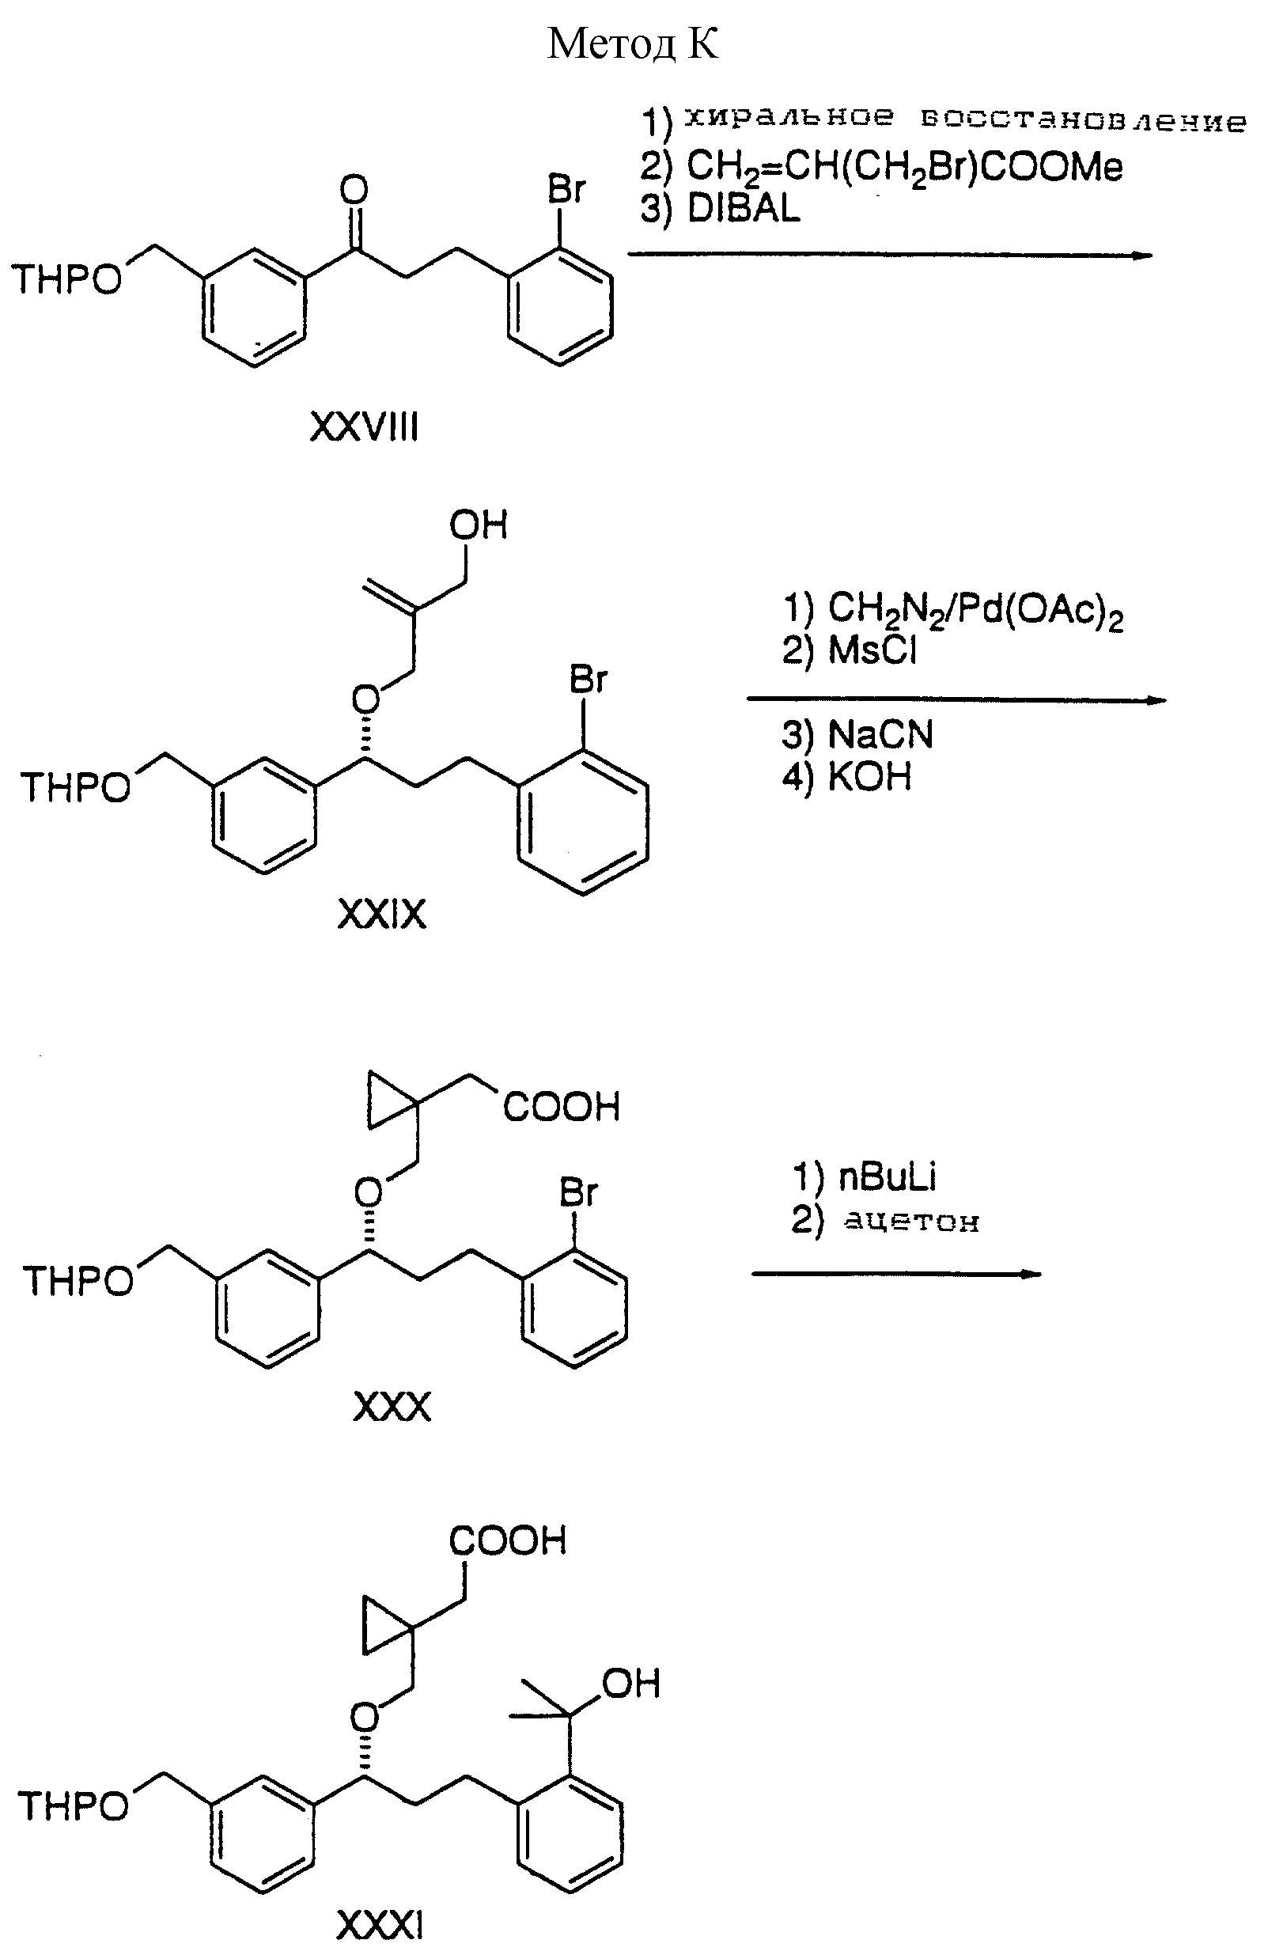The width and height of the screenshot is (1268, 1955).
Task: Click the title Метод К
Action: pyautogui.click(x=632, y=44)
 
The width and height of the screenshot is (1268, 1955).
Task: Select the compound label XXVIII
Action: pyautogui.click(x=364, y=427)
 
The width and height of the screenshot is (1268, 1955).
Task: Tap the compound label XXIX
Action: pyautogui.click(x=382, y=915)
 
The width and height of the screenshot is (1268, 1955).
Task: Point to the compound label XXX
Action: pyautogui.click(x=392, y=1407)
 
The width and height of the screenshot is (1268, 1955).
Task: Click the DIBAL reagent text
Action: pyautogui.click(x=744, y=210)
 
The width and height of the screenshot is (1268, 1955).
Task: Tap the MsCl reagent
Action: pyautogui.click(x=872, y=650)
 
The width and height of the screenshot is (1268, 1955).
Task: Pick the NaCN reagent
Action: pyautogui.click(x=880, y=734)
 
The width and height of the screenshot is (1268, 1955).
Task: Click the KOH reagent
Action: pyautogui.click(x=869, y=776)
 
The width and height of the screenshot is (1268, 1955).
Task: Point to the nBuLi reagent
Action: pyautogui.click(x=887, y=1177)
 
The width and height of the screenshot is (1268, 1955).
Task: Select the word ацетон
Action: pyautogui.click(x=911, y=1222)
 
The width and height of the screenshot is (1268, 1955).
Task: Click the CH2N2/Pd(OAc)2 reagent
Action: pyautogui.click(x=975, y=609)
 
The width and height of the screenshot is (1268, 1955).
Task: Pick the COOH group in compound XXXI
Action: pyautogui.click(x=508, y=1541)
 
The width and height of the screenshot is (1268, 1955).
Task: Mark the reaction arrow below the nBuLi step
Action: pyautogui.click(x=896, y=1274)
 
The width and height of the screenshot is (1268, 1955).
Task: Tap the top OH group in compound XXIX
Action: pyautogui.click(x=478, y=525)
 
